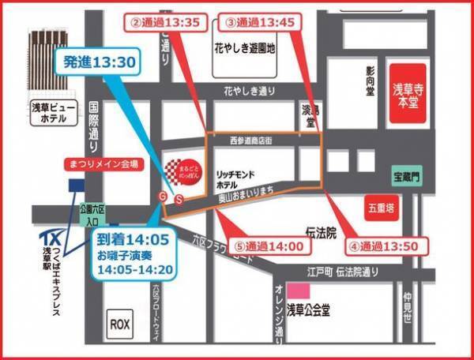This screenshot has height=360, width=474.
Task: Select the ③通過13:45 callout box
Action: pos(261,23)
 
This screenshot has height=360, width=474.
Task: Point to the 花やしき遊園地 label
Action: pos(244,48)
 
